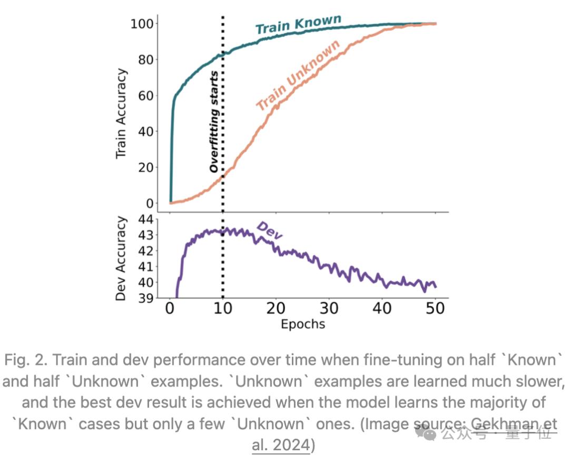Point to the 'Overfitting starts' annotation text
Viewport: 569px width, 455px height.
[x=213, y=122]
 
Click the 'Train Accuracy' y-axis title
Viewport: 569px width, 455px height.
[x=121, y=113]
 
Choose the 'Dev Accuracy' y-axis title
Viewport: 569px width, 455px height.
[x=121, y=258]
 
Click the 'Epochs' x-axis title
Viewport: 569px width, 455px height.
[x=302, y=323]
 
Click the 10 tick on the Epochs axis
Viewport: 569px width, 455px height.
[x=223, y=308]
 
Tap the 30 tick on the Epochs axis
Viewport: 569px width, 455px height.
[x=329, y=308]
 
